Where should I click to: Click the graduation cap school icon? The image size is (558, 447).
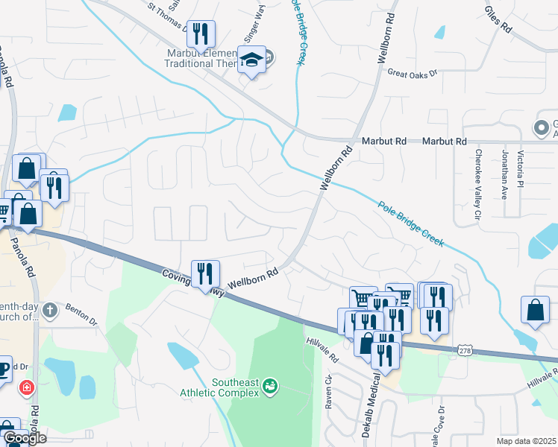pos(251,60)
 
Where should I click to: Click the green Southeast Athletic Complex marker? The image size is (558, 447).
pos(270,386)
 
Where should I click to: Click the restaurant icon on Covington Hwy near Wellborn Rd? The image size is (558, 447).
pos(205,273)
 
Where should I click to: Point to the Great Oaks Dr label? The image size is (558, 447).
pos(412,72)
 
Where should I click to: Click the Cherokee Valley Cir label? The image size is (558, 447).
pos(478,187)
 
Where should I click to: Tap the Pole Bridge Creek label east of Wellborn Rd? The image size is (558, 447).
pos(411,224)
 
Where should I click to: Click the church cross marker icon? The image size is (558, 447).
pos(49,311)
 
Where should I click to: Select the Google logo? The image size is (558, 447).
pos(25,437)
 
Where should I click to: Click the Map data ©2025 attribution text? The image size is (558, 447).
pos(526,441)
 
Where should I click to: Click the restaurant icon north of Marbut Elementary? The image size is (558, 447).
pos(200,34)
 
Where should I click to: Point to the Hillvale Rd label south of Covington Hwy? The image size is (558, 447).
pos(322,349)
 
